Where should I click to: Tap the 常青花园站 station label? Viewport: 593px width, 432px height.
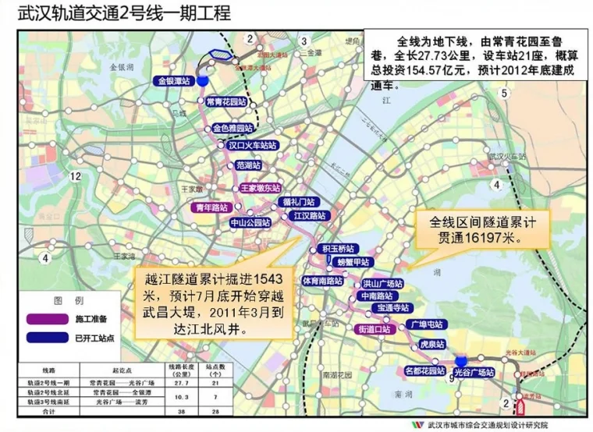coord(226,102)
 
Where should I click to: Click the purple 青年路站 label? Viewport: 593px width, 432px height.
coord(211,207)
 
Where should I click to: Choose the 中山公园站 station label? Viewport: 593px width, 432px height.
coord(250,222)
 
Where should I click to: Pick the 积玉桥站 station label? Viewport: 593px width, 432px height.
coord(337,249)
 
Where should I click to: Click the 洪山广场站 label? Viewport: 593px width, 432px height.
coord(382,283)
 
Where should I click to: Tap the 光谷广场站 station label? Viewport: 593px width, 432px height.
coord(474,373)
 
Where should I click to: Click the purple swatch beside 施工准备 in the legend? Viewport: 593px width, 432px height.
coord(45,319)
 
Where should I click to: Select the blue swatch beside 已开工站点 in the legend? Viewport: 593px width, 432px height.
coord(45,338)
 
